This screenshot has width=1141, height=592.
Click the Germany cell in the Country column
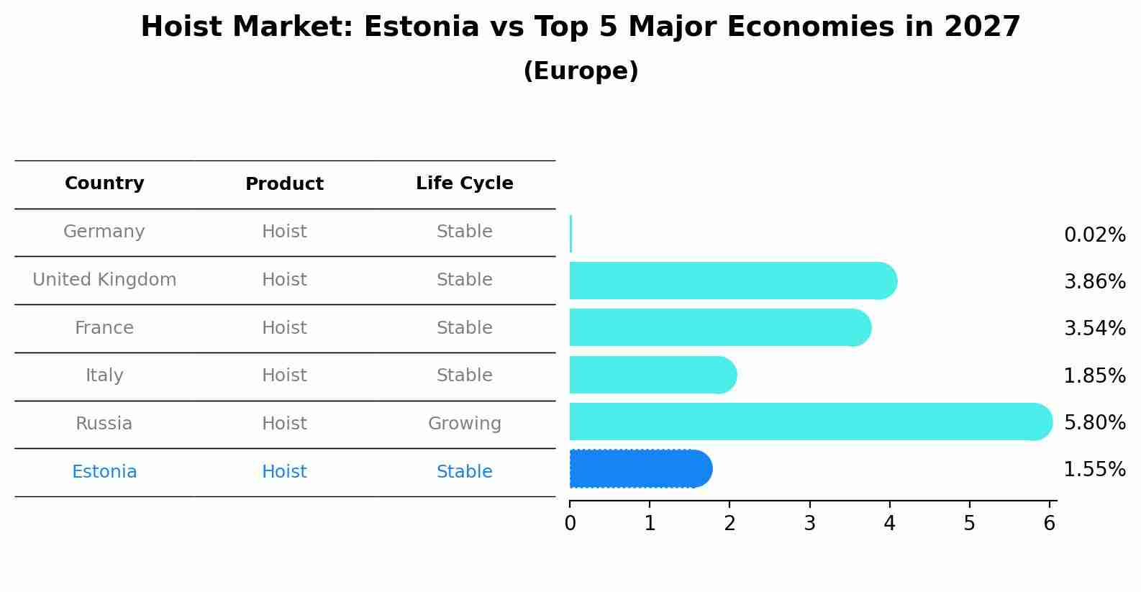(104, 232)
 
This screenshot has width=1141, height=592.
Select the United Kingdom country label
(104, 280)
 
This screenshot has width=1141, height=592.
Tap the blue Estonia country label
(104, 472)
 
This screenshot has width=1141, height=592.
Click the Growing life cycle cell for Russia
(464, 424)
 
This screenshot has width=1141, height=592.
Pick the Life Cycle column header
(464, 183)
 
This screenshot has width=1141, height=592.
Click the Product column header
(284, 184)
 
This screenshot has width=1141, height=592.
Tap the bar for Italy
(647, 375)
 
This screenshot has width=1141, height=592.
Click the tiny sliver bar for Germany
(570, 234)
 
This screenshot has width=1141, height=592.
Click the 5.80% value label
(1094, 422)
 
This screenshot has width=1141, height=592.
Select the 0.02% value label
(1094, 235)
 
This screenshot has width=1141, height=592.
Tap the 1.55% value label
(1094, 470)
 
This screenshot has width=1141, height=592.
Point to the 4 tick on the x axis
(889, 524)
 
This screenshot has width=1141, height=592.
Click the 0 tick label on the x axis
(570, 524)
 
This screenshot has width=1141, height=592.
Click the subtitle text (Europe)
(581, 71)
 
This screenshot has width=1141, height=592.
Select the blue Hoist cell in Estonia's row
(284, 472)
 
